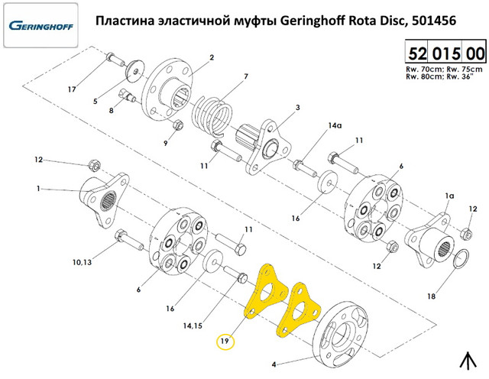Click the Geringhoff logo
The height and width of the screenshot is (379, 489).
tap(40, 25)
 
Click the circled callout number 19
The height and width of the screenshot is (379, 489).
tap(225, 341)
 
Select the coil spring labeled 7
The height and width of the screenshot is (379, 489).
tap(212, 115)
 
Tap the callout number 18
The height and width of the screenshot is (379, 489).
tap(431, 296)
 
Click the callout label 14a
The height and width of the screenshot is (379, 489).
tap(335, 125)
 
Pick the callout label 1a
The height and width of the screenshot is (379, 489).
tap(449, 196)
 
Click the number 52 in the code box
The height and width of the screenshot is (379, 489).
tap(417, 53)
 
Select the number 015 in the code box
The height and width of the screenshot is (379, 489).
tap(446, 53)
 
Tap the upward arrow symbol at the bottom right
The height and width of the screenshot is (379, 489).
tap(468, 361)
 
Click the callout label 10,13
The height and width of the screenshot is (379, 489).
tap(82, 262)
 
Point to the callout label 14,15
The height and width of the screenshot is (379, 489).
tap(193, 326)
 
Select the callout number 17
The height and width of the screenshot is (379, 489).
tap(72, 89)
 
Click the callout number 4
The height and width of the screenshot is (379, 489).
tap(274, 364)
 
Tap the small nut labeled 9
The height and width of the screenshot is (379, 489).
tap(178, 125)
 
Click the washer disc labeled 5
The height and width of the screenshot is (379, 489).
tap(134, 71)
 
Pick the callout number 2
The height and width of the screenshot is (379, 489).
tap(212, 57)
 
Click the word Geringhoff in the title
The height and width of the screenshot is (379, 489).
tap(313, 21)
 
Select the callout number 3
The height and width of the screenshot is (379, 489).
tap(298, 108)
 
